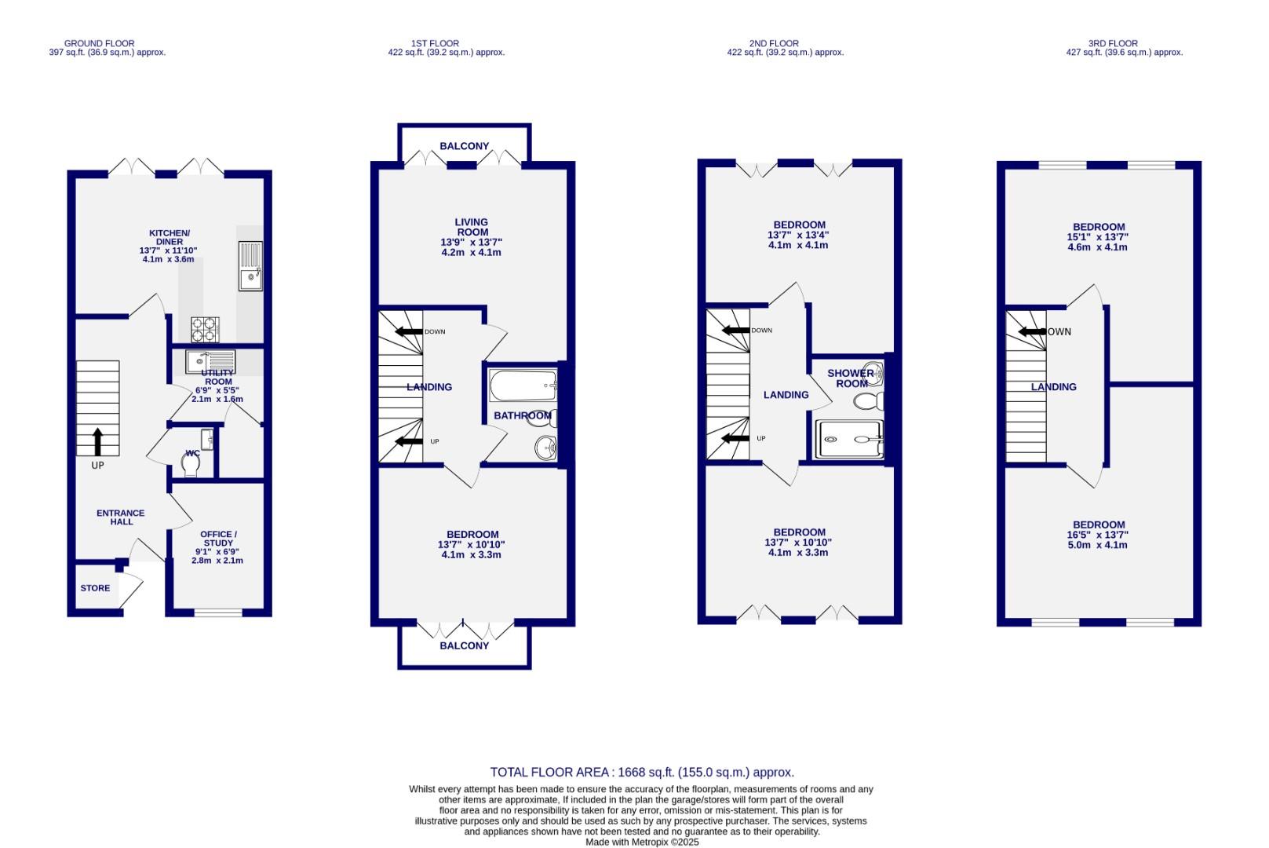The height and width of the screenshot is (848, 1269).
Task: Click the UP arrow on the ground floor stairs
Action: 97,441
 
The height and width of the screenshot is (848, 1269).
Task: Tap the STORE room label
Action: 95,588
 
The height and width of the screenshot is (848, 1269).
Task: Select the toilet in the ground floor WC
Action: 190,466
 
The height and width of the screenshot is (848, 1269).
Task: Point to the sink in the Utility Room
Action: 196,362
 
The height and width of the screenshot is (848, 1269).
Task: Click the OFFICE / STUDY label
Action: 218,539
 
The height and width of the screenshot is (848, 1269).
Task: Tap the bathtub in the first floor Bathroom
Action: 522,386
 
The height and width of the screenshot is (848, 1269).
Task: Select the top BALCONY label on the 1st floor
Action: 464,146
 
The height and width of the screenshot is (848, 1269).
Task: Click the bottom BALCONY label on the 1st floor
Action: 464,645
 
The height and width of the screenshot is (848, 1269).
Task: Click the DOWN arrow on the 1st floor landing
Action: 408,331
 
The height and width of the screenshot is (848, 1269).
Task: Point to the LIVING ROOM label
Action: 471,227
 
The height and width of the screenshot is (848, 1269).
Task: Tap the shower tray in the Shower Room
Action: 850,439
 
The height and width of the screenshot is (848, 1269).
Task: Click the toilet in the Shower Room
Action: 867,402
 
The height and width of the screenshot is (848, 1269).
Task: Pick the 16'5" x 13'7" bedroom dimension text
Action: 1099,535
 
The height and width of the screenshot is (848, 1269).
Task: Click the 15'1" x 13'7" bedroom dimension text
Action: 1099,236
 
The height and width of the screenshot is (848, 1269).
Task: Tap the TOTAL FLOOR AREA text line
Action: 641,773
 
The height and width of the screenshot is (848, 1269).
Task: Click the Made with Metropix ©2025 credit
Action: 641,842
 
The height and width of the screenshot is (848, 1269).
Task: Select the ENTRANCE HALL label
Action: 121,517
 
